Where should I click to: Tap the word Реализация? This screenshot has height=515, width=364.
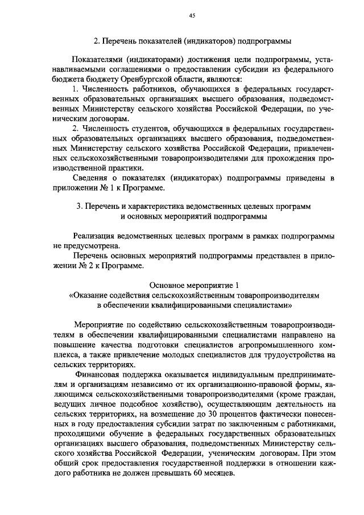97,236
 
